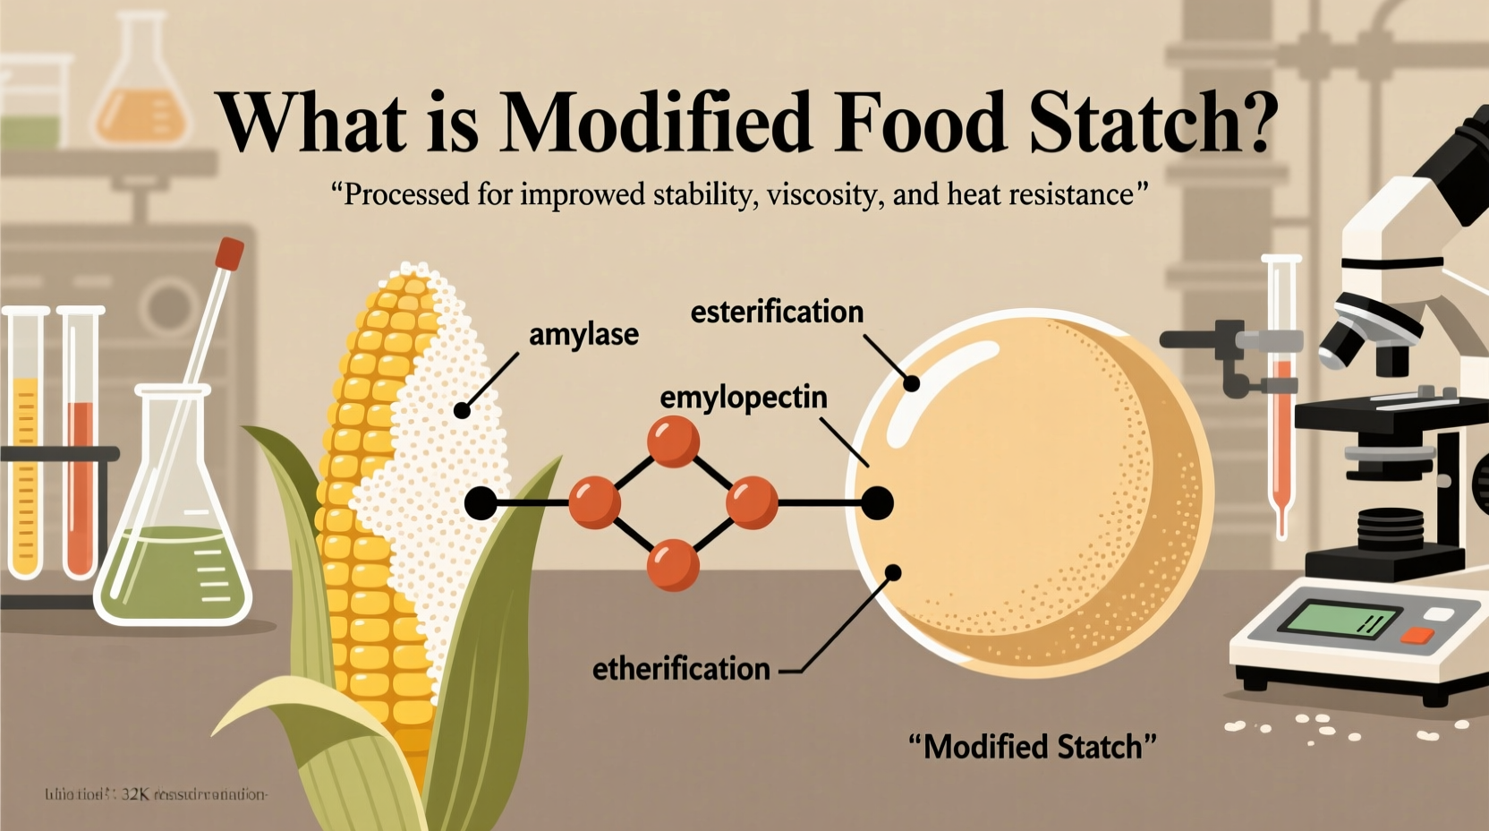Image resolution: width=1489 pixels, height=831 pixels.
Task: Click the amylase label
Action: [x=583, y=335]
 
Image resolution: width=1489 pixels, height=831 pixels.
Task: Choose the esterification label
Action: [x=777, y=312]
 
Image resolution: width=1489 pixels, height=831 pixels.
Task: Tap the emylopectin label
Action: [x=743, y=397]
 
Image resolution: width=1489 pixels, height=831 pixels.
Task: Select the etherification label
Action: [x=681, y=668]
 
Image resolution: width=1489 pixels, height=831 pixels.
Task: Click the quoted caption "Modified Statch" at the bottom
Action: [x=1033, y=746]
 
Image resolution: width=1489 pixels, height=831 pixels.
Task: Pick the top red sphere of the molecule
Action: [x=673, y=441]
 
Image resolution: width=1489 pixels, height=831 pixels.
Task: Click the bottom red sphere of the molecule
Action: [x=672, y=564]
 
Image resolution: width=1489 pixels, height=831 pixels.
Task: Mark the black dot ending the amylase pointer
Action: [x=462, y=410]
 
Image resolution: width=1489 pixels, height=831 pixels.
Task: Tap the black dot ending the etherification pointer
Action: [x=892, y=572]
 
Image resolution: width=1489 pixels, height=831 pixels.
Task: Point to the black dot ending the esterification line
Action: [x=911, y=383]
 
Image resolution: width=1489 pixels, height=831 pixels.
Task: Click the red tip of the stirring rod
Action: [x=230, y=253]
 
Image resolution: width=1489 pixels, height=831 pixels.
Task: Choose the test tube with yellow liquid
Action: [x=26, y=448]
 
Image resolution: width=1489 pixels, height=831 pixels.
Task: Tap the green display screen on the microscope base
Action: [x=1339, y=619]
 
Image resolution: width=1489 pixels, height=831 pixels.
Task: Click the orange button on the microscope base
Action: [x=1416, y=635]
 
